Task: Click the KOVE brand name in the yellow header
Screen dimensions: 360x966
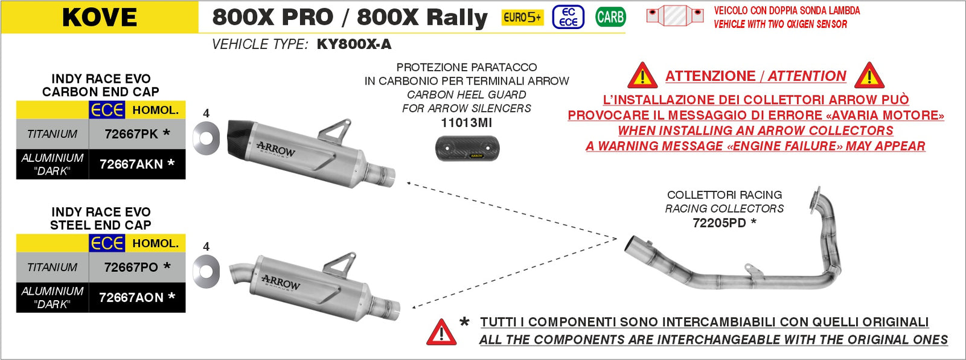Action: coord(100,18)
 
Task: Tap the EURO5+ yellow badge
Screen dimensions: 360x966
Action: coord(522,18)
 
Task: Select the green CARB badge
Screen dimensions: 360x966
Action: coord(610,17)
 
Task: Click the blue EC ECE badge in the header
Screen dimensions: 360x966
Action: coord(568,17)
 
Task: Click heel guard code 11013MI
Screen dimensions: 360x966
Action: coord(467,123)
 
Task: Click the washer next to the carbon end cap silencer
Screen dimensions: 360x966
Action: coord(206,138)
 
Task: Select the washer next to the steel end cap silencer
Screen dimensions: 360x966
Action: coord(206,271)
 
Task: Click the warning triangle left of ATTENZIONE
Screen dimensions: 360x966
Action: coord(642,77)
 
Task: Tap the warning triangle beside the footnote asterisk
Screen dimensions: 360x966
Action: coord(441,332)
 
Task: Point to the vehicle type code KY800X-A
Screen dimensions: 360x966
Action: coord(354,44)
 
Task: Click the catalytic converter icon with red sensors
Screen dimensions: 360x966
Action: coord(675,16)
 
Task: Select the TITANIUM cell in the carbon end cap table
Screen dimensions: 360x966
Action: coord(53,134)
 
